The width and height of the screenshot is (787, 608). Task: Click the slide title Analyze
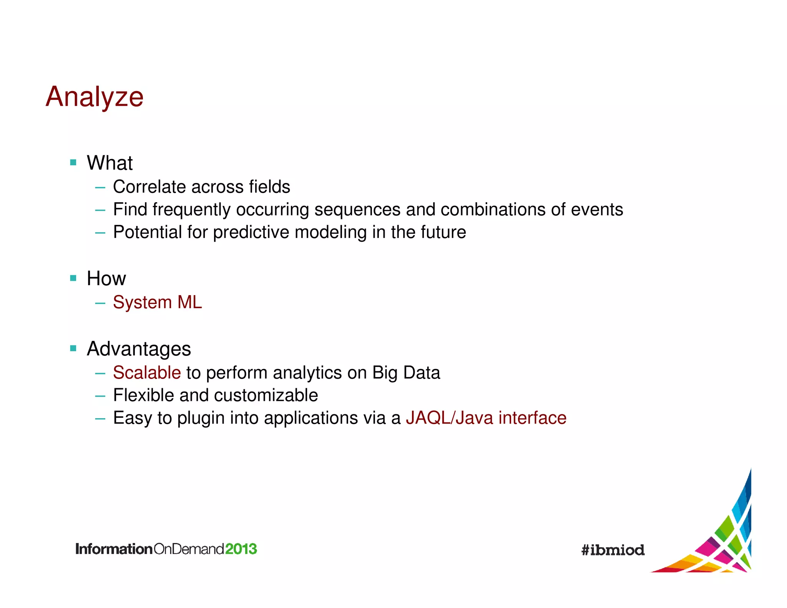coord(95,97)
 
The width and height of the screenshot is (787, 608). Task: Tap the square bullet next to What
coord(73,163)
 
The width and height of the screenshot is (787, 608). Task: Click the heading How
coord(106,279)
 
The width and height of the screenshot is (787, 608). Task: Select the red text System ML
coord(157,302)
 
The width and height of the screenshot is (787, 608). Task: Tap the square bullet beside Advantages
coord(73,349)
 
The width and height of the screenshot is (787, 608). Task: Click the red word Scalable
coord(147,373)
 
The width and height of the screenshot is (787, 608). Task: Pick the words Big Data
coord(406,373)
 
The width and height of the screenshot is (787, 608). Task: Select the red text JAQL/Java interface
coord(486,418)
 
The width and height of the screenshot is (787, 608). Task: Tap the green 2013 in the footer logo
coord(241,549)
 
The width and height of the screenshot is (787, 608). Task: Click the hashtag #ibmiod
coord(613,550)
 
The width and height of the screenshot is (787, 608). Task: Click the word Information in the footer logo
coord(114,549)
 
